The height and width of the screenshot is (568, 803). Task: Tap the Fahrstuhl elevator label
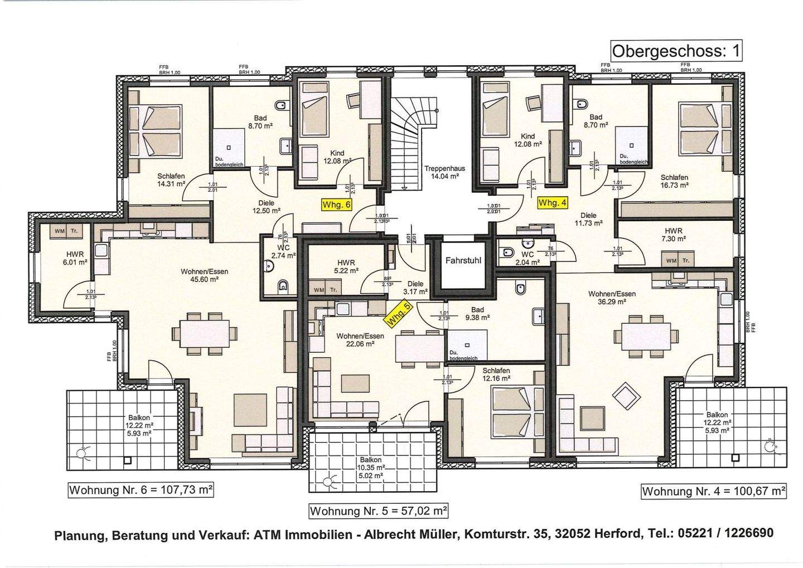[x=463, y=260]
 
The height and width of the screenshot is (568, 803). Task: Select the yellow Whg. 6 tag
[x=337, y=205]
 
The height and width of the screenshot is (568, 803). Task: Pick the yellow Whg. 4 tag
[x=552, y=203]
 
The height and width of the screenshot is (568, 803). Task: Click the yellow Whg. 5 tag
[x=399, y=313]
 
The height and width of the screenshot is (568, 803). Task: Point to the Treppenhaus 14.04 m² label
[x=444, y=172]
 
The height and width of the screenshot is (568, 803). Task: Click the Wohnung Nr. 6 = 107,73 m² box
[x=141, y=490]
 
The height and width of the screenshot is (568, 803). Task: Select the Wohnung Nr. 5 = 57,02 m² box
[x=379, y=511]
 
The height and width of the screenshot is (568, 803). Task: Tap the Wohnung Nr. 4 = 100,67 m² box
[x=713, y=491]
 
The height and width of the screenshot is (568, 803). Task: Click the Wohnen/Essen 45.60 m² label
[x=204, y=275]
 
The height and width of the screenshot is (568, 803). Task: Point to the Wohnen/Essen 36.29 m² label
[x=612, y=297]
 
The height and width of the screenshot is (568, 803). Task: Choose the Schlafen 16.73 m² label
[x=674, y=181]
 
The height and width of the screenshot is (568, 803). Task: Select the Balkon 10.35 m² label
[x=370, y=464]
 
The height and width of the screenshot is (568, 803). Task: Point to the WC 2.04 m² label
[x=528, y=258]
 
